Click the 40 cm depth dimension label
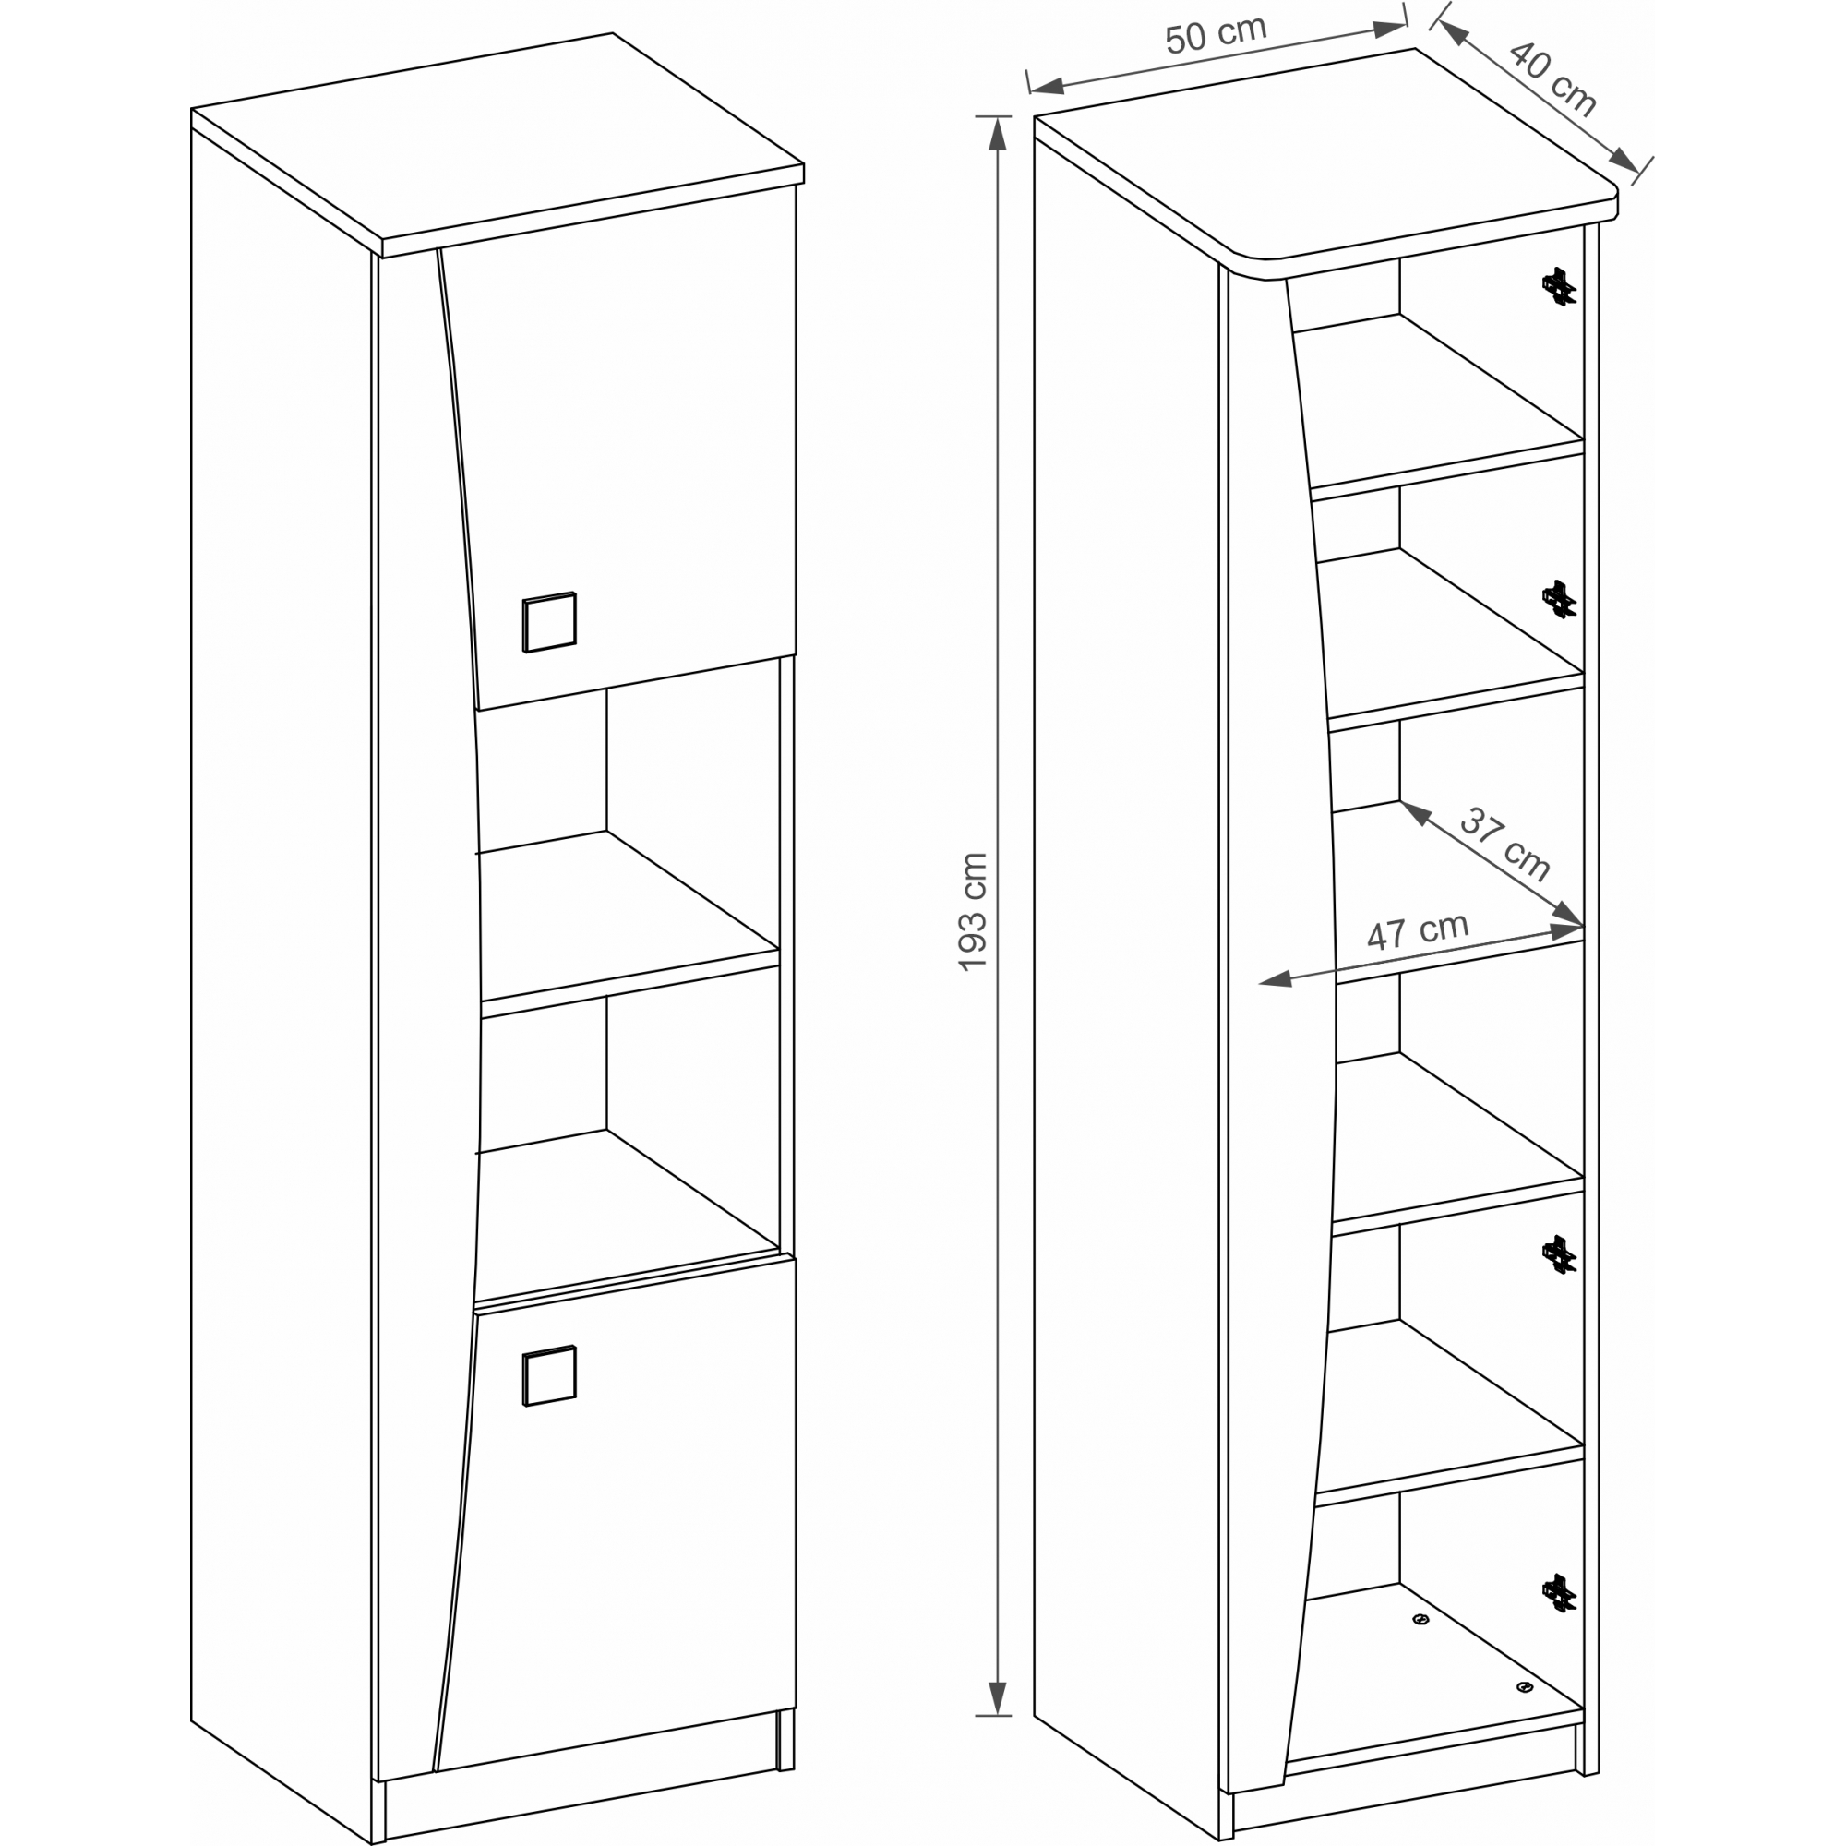pos(1552,78)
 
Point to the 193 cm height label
pos(974,912)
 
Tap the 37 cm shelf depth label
pos(1504,844)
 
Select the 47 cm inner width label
pos(1417,931)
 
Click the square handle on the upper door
pos(549,622)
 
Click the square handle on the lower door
pos(549,1376)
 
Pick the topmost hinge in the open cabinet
pos(1558,286)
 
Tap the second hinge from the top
pos(1558,599)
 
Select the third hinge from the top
pos(1558,1254)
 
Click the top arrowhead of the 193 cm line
pos(998,133)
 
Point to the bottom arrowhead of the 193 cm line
pos(998,1698)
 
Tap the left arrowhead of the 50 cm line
pos(1049,87)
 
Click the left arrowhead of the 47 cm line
pos(1276,979)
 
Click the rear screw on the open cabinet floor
pos(1420,1620)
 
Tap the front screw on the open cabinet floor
pos(1524,1687)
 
